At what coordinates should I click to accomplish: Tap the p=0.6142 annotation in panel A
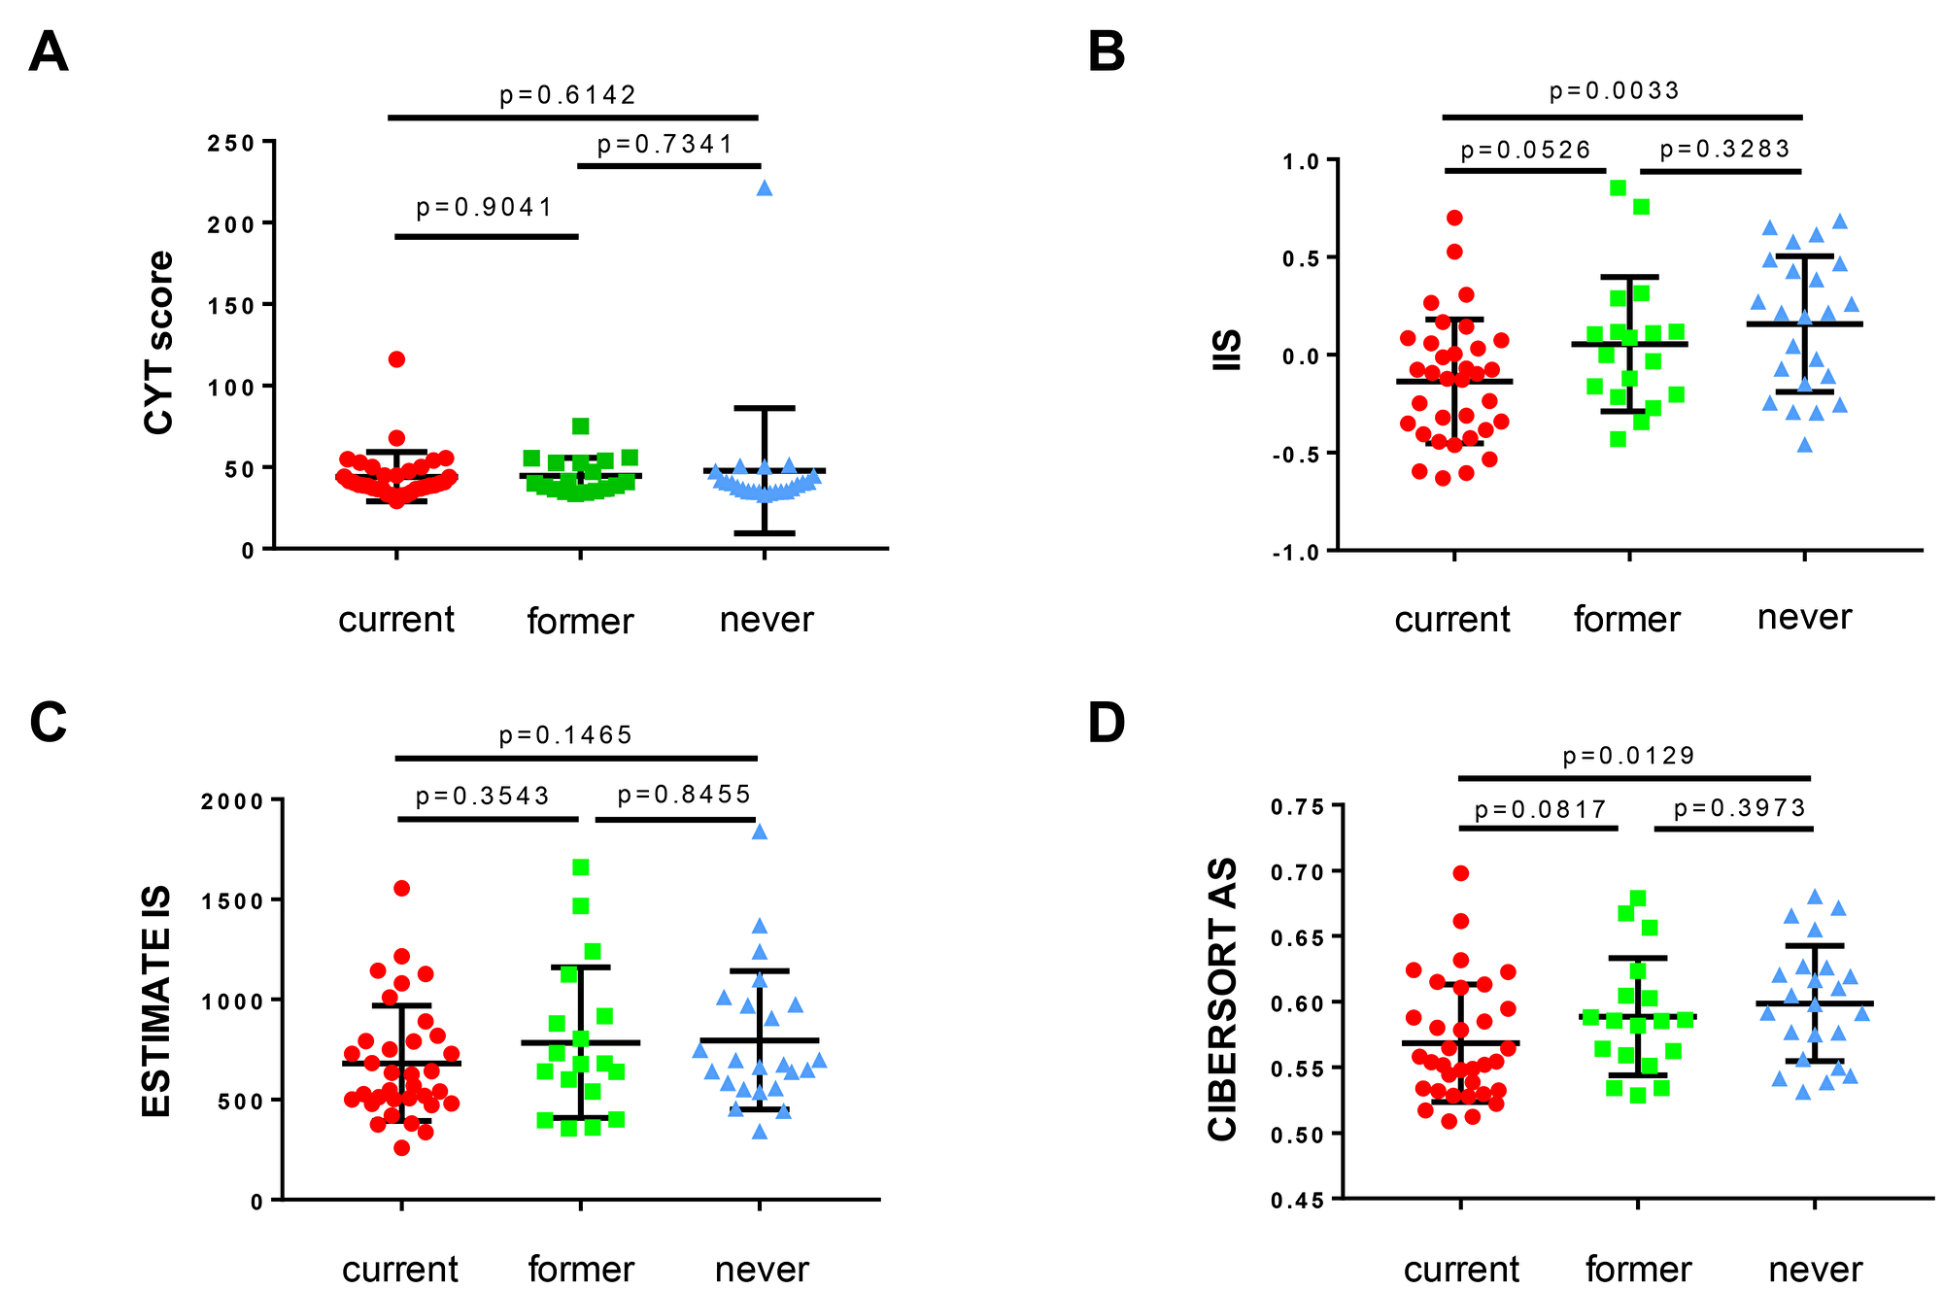click(567, 95)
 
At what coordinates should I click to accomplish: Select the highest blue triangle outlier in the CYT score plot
click(765, 188)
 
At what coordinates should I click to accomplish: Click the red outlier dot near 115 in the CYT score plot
click(396, 359)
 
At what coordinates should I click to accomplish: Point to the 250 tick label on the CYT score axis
click(231, 144)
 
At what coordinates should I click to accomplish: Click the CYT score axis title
click(159, 342)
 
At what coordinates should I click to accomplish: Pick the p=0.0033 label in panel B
click(1614, 91)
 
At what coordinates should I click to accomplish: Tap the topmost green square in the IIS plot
click(1618, 188)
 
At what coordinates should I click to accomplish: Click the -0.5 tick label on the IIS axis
click(1299, 455)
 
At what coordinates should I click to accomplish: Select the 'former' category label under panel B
click(1626, 620)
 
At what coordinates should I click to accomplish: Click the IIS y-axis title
click(1229, 350)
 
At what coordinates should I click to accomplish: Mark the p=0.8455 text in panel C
click(684, 796)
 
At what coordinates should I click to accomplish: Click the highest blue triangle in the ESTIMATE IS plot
click(760, 832)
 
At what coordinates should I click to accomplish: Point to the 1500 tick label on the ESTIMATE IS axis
click(232, 901)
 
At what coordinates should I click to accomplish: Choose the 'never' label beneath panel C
click(762, 1269)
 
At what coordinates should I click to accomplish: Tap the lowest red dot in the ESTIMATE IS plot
click(401, 1148)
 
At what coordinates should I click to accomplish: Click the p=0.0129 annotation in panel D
click(1628, 757)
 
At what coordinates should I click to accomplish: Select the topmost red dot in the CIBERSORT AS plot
click(1460, 873)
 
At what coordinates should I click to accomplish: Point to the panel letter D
click(1107, 724)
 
